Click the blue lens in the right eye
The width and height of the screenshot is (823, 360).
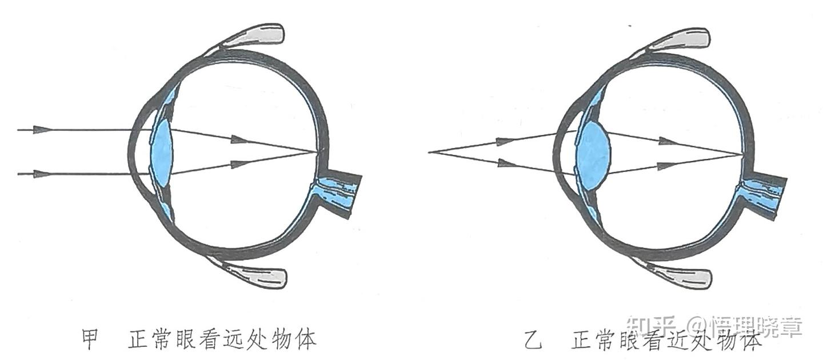pos(593,153)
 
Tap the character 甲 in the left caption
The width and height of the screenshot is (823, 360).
pos(90,340)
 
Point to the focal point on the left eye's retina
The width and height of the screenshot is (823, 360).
pos(317,152)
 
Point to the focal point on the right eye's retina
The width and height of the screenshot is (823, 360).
pos(743,154)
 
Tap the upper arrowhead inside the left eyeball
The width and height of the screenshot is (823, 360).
pos(239,139)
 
